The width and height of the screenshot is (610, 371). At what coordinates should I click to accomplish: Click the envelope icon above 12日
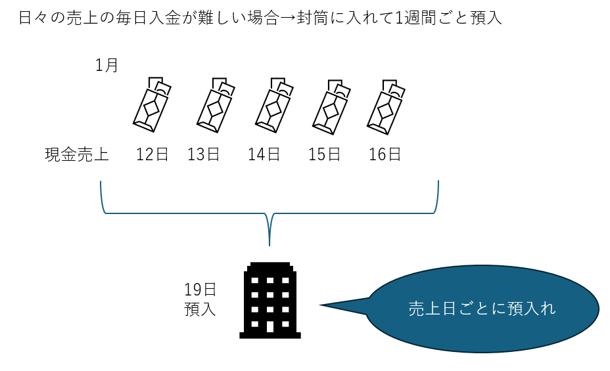pyautogui.click(x=151, y=103)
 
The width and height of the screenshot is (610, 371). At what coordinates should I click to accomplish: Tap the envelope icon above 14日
pyautogui.click(x=272, y=103)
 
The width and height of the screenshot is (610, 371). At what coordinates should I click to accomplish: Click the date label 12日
pyautogui.click(x=152, y=155)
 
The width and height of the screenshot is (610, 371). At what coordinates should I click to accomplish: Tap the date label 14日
pyautogui.click(x=264, y=155)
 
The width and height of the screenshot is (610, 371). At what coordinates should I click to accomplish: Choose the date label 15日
pyautogui.click(x=325, y=155)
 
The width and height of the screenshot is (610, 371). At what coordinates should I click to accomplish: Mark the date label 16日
pyautogui.click(x=385, y=155)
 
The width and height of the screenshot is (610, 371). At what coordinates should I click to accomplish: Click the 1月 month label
pyautogui.click(x=106, y=66)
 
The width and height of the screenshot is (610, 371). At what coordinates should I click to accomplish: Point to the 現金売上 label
pyautogui.click(x=77, y=155)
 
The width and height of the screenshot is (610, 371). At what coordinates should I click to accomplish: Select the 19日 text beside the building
pyautogui.click(x=200, y=290)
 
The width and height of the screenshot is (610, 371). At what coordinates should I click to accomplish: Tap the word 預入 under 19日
pyautogui.click(x=200, y=309)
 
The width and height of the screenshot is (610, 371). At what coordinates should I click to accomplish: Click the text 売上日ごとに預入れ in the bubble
pyautogui.click(x=482, y=308)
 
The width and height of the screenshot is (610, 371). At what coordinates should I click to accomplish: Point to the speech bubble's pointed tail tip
pyautogui.click(x=322, y=305)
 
